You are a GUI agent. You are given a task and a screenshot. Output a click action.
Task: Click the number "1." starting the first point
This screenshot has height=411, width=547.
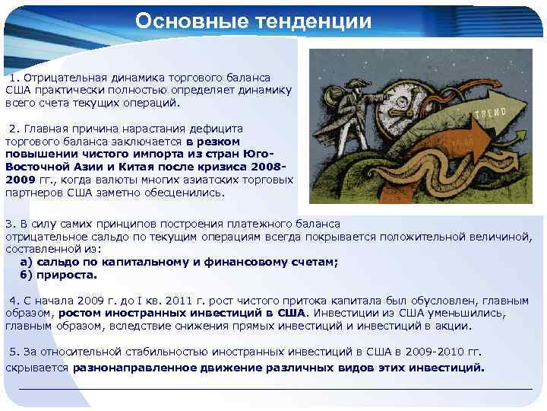[14, 78]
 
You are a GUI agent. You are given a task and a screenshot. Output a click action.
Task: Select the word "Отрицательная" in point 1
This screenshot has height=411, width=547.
[62, 78]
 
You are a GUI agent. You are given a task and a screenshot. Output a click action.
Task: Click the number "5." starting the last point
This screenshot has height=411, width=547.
[14, 352]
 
